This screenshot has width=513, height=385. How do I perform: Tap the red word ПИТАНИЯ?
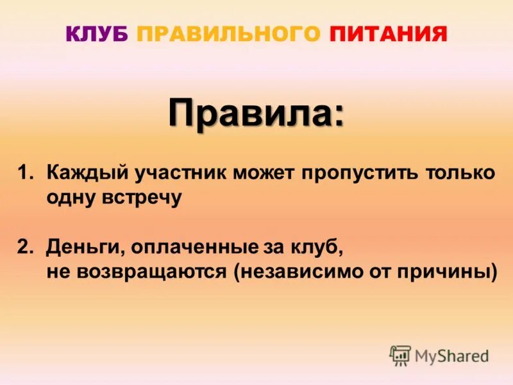click(x=389, y=33)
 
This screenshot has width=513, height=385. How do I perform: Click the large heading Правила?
click(x=256, y=113)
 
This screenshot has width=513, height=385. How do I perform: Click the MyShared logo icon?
click(x=400, y=355)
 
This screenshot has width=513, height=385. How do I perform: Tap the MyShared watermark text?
click(x=452, y=355)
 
